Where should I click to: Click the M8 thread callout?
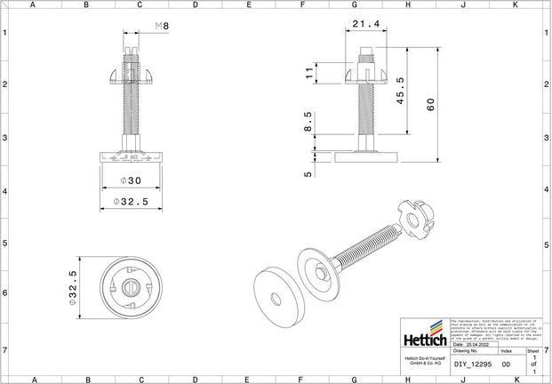(x=161, y=26)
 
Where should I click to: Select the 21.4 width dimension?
(x=366, y=23)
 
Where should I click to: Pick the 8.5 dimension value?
(x=309, y=120)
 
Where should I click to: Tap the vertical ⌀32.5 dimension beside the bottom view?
(x=73, y=289)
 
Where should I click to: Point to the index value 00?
(x=506, y=364)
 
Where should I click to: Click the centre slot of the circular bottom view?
(x=130, y=286)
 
